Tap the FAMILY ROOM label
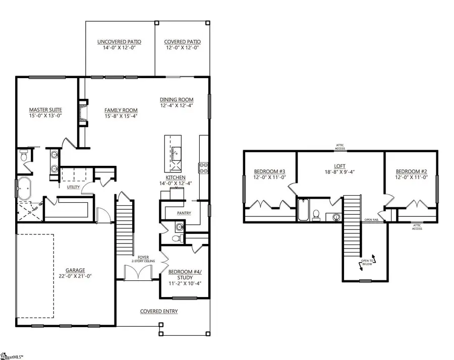point(121,110)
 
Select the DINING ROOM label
point(177,99)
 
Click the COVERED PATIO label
point(182,42)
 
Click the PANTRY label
point(184,213)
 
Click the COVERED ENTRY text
point(159,312)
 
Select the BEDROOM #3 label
point(269,171)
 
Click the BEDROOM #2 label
point(411,171)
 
